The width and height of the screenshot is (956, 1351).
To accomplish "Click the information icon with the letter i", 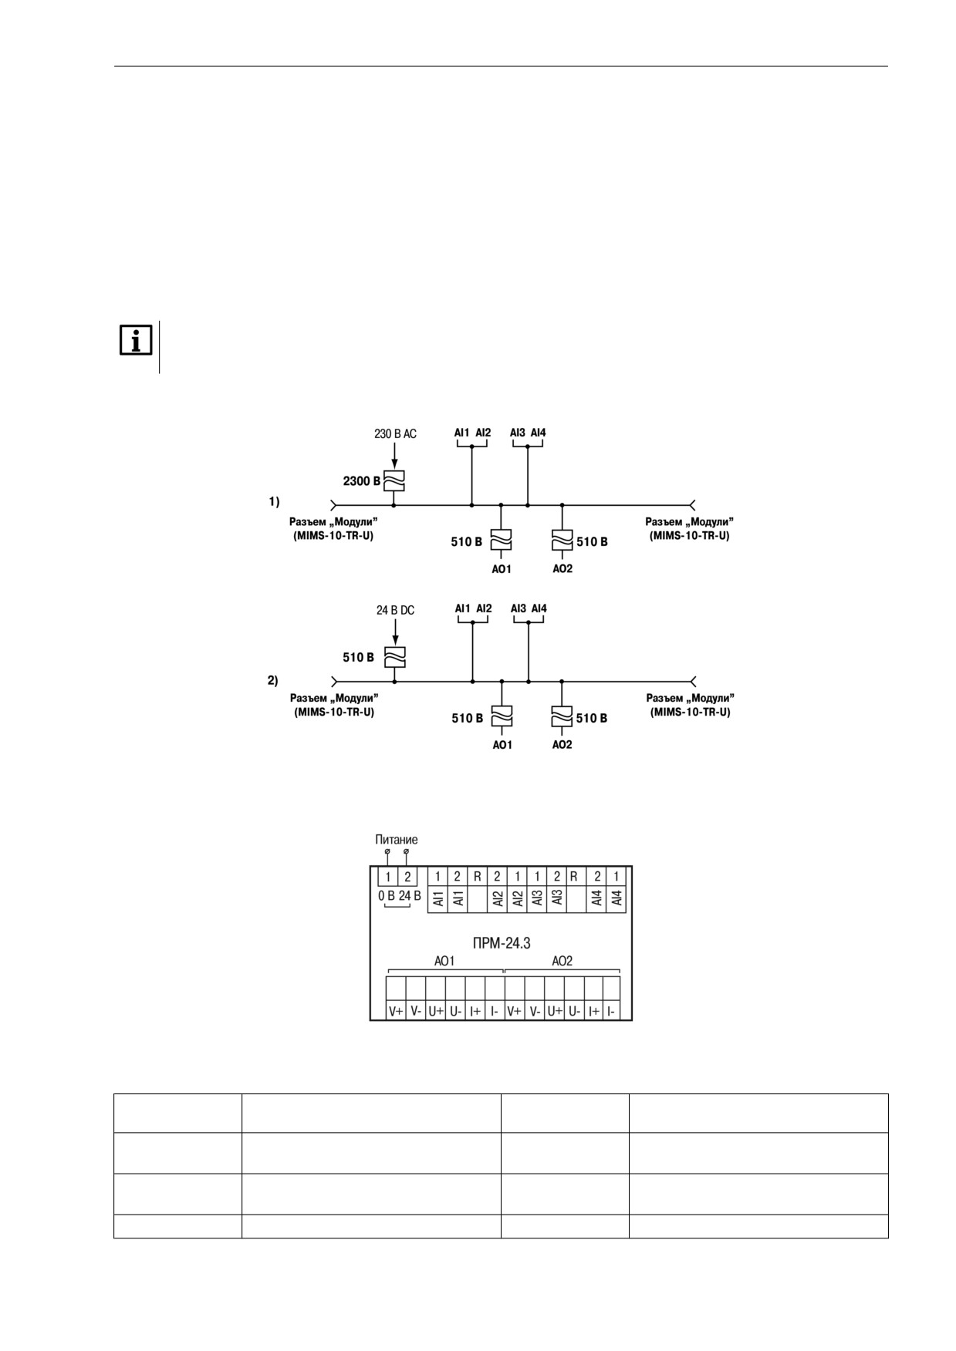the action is pos(136,340).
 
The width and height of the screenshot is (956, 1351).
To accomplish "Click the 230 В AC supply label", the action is pos(395,434).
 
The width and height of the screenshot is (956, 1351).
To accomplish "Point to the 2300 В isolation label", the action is pos(362,481).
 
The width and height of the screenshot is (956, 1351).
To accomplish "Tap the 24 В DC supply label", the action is pos(395,610).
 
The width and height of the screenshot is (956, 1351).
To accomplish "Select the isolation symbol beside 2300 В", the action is pos(394,481).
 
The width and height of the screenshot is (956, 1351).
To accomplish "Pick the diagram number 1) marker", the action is pos(274,501).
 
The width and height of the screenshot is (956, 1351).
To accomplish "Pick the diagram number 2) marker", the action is pos(273,680).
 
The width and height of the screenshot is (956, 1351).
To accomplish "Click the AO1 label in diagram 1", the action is pos(502,569).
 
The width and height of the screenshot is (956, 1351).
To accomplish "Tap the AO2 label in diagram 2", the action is pos(562,745).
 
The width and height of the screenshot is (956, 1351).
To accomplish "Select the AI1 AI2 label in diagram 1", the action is pos(472,433).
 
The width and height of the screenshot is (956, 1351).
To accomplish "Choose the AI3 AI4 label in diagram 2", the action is pos(529,608).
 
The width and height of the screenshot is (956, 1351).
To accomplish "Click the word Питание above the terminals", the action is pos(397,840).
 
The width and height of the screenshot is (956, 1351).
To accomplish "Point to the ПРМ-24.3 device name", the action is pos(502,942).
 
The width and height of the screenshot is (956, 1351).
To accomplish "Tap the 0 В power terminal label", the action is pos(387,896).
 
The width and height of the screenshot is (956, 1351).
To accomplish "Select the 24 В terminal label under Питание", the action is pos(410,896).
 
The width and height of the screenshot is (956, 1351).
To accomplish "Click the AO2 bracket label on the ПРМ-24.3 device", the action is pos(562,961).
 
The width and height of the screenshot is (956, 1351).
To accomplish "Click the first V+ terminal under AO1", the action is pos(396,1011).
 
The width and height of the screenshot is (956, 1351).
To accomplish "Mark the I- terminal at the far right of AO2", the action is pos(612,1011).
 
